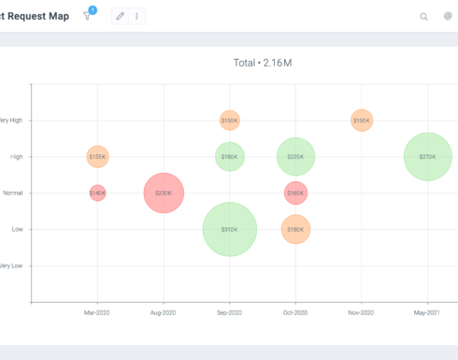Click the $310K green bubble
pyautogui.click(x=230, y=229)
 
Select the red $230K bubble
pyautogui.click(x=164, y=194)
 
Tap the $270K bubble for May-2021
pyautogui.click(x=427, y=157)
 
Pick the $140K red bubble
pyautogui.click(x=97, y=194)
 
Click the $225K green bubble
pyautogui.click(x=295, y=157)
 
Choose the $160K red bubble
pyautogui.click(x=295, y=194)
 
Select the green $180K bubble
pyautogui.click(x=230, y=157)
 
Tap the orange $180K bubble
pyautogui.click(x=295, y=229)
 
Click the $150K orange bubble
pyautogui.click(x=230, y=121)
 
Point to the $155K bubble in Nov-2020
pyautogui.click(x=362, y=121)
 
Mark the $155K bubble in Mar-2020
pyautogui.click(x=97, y=157)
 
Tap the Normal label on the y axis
pyautogui.click(x=12, y=194)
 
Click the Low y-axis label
pyautogui.click(x=17, y=229)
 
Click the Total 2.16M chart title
pyautogui.click(x=263, y=63)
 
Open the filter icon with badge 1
pyautogui.click(x=88, y=16)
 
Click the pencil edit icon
pyautogui.click(x=120, y=16)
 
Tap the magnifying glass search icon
pyautogui.click(x=424, y=16)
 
